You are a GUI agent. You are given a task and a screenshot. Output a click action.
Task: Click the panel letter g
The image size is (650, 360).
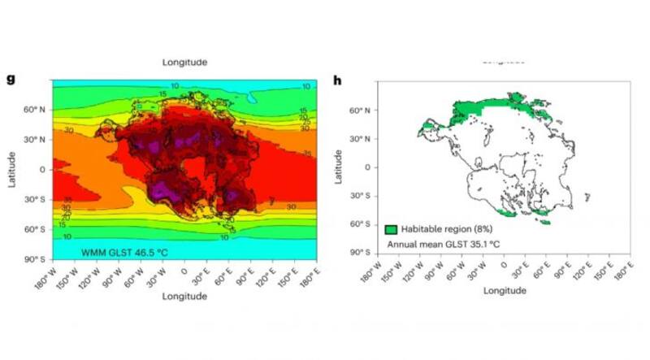[11, 79]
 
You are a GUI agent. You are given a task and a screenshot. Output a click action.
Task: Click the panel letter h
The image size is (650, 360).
[338, 79]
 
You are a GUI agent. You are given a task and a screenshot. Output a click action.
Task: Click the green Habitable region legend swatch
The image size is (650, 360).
[391, 231]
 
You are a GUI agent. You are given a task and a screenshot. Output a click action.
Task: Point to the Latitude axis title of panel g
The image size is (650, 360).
[12, 168]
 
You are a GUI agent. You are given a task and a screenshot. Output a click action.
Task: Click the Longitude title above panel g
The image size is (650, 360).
[184, 62]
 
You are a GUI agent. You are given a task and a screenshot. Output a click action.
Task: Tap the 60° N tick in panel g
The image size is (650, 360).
[37, 109]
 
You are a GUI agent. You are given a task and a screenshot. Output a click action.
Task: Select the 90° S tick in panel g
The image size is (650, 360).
[37, 259]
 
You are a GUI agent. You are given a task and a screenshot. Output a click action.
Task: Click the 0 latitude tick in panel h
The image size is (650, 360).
[368, 167]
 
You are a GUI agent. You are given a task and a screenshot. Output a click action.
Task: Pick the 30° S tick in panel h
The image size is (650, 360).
[362, 196]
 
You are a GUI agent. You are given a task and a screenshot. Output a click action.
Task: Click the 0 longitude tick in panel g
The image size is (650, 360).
[184, 269]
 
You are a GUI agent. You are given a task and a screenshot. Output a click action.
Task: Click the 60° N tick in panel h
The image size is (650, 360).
[362, 111]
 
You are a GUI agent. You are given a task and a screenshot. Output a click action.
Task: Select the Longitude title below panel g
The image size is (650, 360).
[184, 297]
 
